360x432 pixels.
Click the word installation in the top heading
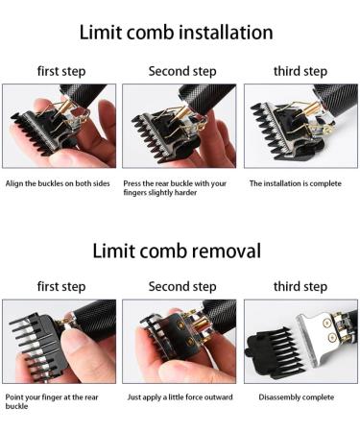coord(226,33)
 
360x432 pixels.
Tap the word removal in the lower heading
coord(227,251)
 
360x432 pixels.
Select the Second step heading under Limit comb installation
coord(182,71)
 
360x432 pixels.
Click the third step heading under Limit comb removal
coord(300,286)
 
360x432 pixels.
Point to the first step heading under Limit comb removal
coord(61,286)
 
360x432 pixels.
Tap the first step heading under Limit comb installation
coord(61,71)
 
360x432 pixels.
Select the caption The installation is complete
coord(296,183)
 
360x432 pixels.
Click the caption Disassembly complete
coord(297,397)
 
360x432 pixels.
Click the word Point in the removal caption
coord(13,397)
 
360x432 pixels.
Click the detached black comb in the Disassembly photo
coord(276,354)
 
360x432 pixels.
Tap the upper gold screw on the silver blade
coord(326,324)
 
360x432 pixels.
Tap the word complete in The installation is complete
coord(325,184)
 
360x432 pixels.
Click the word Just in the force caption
coord(134,397)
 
